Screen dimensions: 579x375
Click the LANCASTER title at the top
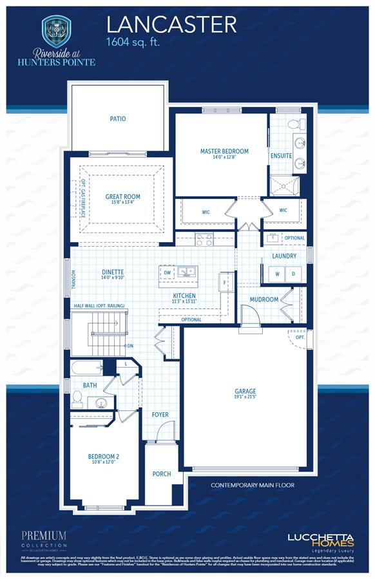click(171, 24)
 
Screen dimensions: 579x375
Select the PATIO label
click(117, 119)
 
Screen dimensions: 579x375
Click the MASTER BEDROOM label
click(224, 151)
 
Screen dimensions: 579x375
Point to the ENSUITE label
click(281, 156)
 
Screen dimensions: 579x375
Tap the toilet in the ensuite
click(292, 124)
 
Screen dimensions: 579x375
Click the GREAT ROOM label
click(122, 197)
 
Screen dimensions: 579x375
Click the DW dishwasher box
click(168, 272)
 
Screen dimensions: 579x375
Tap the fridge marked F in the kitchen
click(226, 282)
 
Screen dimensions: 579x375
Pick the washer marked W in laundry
click(276, 274)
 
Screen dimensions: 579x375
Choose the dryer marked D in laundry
click(293, 274)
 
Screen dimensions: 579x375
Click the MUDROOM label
click(264, 299)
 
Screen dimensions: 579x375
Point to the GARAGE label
click(245, 391)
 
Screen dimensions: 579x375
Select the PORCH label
click(161, 474)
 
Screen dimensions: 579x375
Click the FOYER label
click(160, 415)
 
